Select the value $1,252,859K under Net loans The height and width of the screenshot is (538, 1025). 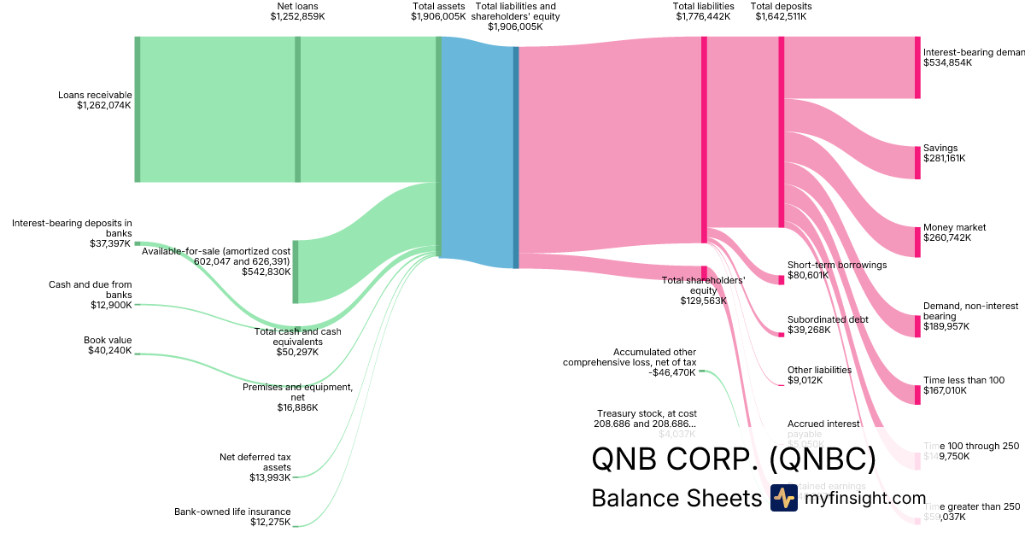tap(297, 16)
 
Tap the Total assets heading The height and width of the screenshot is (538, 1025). tap(438, 6)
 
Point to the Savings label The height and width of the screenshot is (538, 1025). tap(940, 148)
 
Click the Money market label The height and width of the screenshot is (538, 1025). tap(954, 227)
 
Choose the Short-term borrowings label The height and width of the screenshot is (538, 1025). tap(836, 265)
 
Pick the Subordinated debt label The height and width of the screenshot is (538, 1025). tap(828, 319)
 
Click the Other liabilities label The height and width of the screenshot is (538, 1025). tap(819, 370)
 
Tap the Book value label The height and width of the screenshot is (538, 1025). tap(108, 339)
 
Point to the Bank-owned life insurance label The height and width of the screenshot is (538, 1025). tap(232, 512)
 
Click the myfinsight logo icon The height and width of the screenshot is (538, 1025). tap(783, 498)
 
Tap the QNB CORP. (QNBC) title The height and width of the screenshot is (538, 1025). tap(734, 459)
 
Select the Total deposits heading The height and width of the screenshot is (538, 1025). tap(781, 6)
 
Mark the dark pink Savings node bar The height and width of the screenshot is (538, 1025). tap(917, 162)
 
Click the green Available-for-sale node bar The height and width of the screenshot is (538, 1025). tap(296, 272)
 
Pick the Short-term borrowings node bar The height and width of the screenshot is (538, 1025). tap(781, 279)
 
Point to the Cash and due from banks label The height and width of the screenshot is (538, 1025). tap(90, 289)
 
